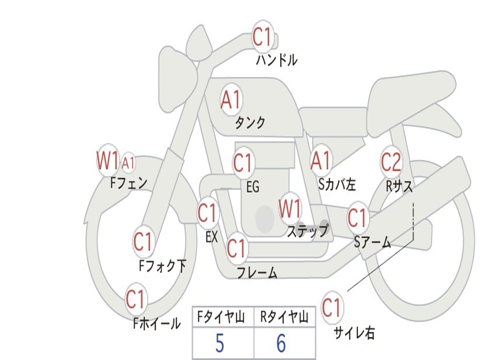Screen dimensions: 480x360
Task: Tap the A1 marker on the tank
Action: pos(231,99)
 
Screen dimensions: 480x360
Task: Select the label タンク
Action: pos(250,123)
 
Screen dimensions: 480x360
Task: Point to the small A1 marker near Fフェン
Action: pos(128,164)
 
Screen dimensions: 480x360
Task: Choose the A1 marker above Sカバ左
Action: pos(321,161)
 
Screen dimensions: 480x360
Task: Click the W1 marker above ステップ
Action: pos(290,209)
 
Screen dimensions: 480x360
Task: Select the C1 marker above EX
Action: pos(207,213)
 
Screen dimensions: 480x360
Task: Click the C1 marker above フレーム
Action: pos(236,248)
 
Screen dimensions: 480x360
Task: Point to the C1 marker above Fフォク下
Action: pos(143,242)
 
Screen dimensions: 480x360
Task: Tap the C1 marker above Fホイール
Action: pos(135,299)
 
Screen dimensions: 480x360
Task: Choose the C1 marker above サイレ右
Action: pos(331,308)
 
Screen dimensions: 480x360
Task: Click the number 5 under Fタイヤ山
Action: pos(219,344)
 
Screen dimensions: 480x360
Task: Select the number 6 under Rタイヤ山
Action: pos(281,344)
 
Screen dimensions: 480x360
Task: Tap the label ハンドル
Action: pos(277,60)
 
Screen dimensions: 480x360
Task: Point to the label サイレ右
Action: pos(354,333)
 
